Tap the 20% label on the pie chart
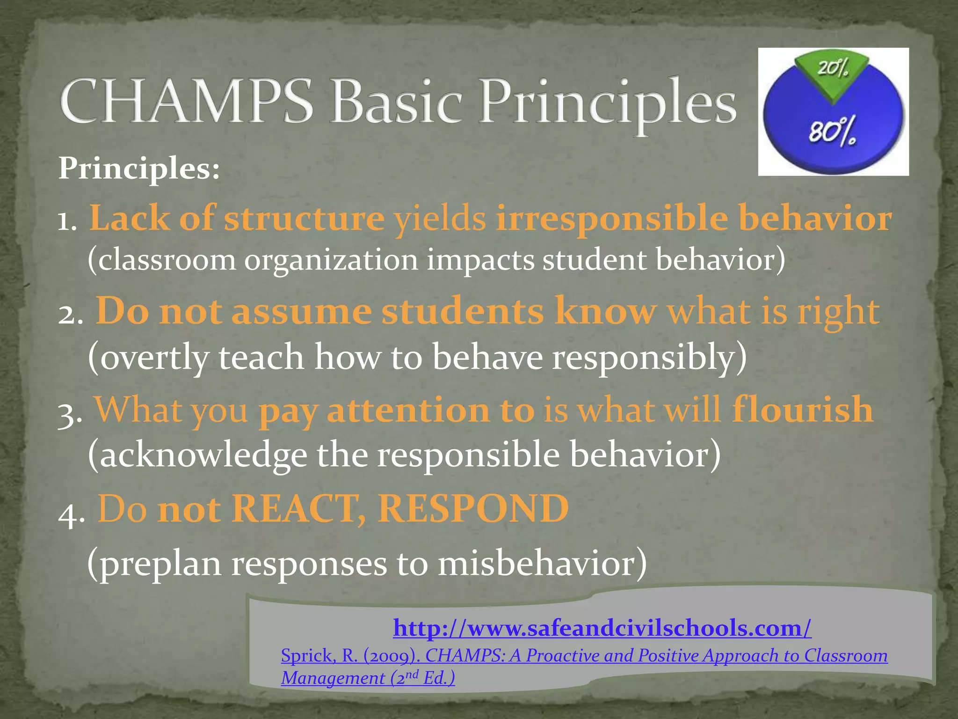(833, 69)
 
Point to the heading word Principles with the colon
(139, 168)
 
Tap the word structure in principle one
(304, 218)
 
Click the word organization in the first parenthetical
(331, 260)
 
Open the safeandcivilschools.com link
(602, 628)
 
